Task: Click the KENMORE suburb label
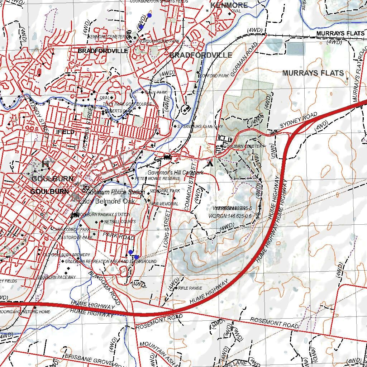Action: [229, 5]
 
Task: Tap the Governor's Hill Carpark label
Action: [176, 173]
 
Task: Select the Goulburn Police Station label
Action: [116, 192]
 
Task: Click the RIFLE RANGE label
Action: [190, 288]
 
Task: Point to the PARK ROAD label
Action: [118, 236]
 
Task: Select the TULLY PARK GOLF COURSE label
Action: [127, 104]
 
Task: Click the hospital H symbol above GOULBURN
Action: [45, 164]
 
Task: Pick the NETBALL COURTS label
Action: [120, 222]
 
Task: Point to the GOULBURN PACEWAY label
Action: [56, 277]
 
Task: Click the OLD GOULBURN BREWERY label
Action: [67, 255]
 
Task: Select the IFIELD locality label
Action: [66, 132]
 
